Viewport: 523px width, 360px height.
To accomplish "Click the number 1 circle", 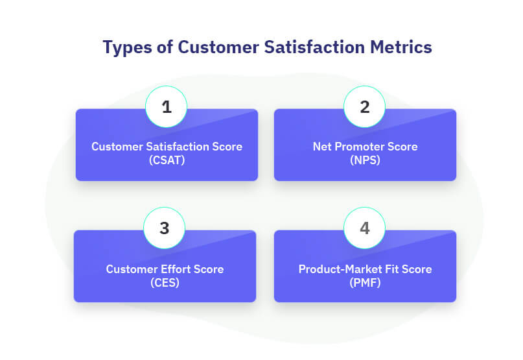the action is (166, 107).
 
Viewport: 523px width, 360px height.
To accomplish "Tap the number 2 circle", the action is (365, 107).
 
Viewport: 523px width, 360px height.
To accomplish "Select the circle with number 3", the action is (164, 228).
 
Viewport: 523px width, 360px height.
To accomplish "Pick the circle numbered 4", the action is (365, 228).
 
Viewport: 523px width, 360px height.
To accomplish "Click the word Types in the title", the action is (128, 47).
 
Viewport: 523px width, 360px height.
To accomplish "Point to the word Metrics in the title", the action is (401, 47).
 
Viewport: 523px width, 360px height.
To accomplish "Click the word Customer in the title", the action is (218, 47).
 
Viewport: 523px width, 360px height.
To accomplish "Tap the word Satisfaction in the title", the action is (314, 47).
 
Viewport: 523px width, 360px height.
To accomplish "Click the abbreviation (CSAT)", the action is (167, 160).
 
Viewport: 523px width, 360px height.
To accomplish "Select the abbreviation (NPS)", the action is (366, 160).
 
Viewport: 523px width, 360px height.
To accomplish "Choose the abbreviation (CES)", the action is (165, 283).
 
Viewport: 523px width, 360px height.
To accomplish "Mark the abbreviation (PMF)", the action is (366, 283).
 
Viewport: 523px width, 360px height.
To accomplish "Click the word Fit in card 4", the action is (391, 269).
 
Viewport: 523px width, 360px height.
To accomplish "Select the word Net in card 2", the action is (322, 147).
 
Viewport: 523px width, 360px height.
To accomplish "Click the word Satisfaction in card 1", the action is (178, 147).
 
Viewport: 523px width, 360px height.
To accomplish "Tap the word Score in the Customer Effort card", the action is (209, 269).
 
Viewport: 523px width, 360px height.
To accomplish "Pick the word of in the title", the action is (165, 47).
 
